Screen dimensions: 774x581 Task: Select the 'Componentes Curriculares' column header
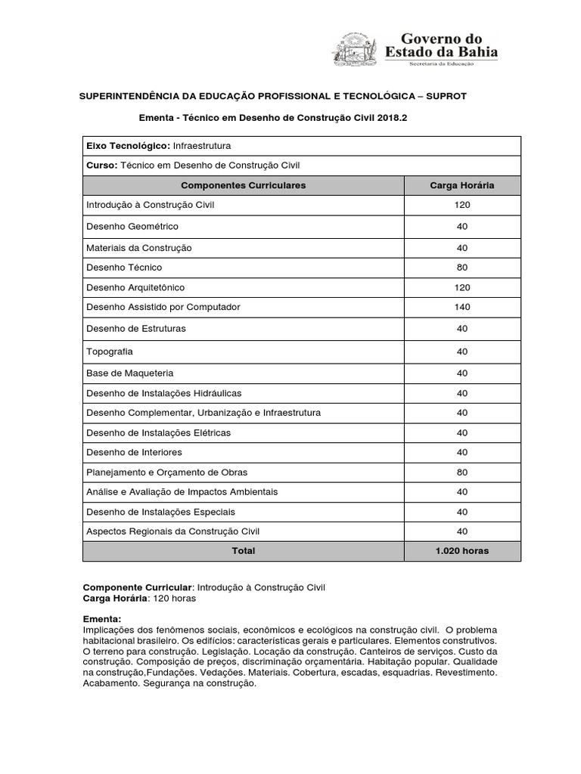[244, 185]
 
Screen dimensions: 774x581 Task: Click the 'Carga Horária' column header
[462, 185]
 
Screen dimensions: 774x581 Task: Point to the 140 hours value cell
[462, 307]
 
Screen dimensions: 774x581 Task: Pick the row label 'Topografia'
[110, 351]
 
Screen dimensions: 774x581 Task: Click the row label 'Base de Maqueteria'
[130, 373]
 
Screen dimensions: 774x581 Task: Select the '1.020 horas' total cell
[462, 550]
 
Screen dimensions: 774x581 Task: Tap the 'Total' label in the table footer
[244, 550]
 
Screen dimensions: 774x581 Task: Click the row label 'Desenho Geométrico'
[132, 226]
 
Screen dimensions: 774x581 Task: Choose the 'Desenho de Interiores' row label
[135, 452]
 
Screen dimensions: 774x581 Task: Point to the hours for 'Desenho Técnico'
[462, 267]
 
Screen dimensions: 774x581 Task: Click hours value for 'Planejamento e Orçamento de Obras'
[462, 472]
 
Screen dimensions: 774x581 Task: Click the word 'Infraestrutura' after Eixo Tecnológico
[203, 145]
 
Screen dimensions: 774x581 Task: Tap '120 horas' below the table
[174, 598]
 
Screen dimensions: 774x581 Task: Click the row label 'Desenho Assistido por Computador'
[164, 307]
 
